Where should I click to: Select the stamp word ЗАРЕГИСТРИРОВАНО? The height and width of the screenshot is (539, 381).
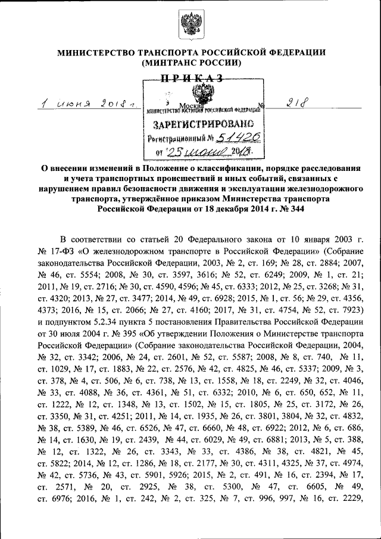204,124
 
